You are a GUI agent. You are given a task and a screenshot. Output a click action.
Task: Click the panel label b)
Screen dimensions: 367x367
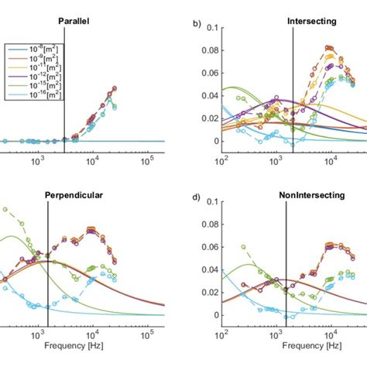(197, 23)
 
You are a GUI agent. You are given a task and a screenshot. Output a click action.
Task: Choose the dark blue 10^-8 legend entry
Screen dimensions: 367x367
(35, 47)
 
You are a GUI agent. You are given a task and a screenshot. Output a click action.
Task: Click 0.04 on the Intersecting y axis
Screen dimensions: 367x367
(206, 96)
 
